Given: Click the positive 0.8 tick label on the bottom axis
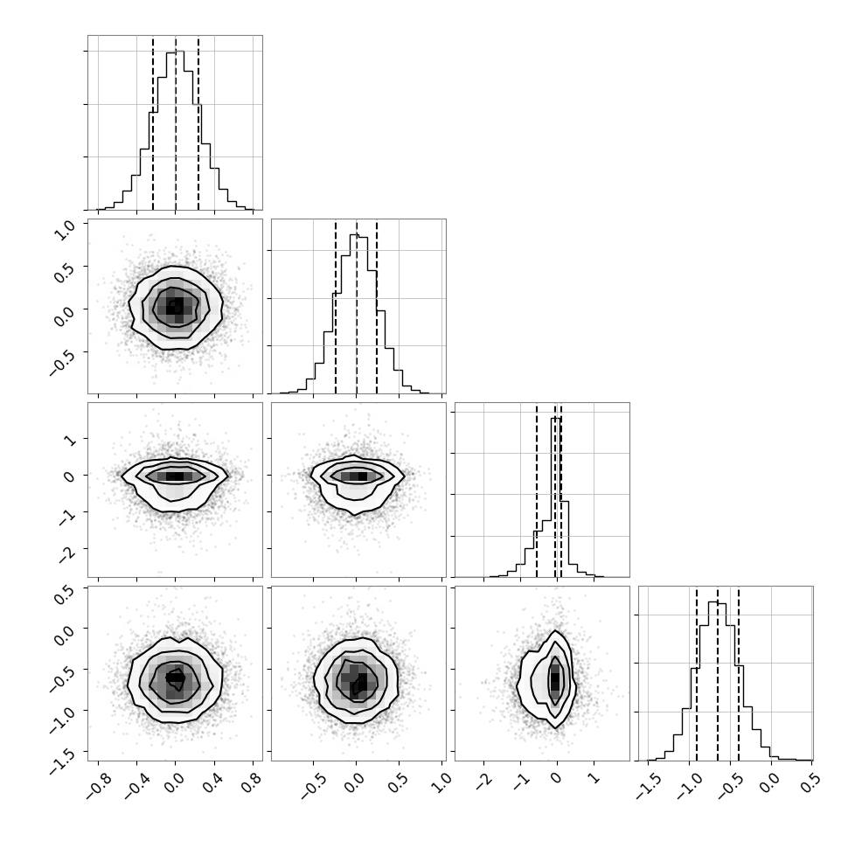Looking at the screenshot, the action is (x=250, y=782).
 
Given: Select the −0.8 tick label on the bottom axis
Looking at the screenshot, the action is (x=100, y=786).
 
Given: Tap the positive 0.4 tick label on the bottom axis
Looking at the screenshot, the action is (x=212, y=782).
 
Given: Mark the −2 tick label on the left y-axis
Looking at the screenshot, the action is (x=66, y=553).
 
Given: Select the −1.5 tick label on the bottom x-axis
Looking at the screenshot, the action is (x=649, y=786).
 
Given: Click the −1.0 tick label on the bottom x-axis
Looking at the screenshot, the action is (x=689, y=786).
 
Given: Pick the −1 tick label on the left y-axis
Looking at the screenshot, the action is (x=66, y=518).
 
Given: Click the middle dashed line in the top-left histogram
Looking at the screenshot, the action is (x=176, y=123).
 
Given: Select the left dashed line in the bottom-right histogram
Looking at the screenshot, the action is (x=697, y=674).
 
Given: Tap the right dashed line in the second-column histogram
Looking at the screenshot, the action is (x=377, y=307).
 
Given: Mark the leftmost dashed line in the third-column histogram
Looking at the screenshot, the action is (x=537, y=490).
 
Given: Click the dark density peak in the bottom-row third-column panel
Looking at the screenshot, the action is (x=555, y=679).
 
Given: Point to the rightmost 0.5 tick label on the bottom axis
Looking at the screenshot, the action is (x=808, y=782).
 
